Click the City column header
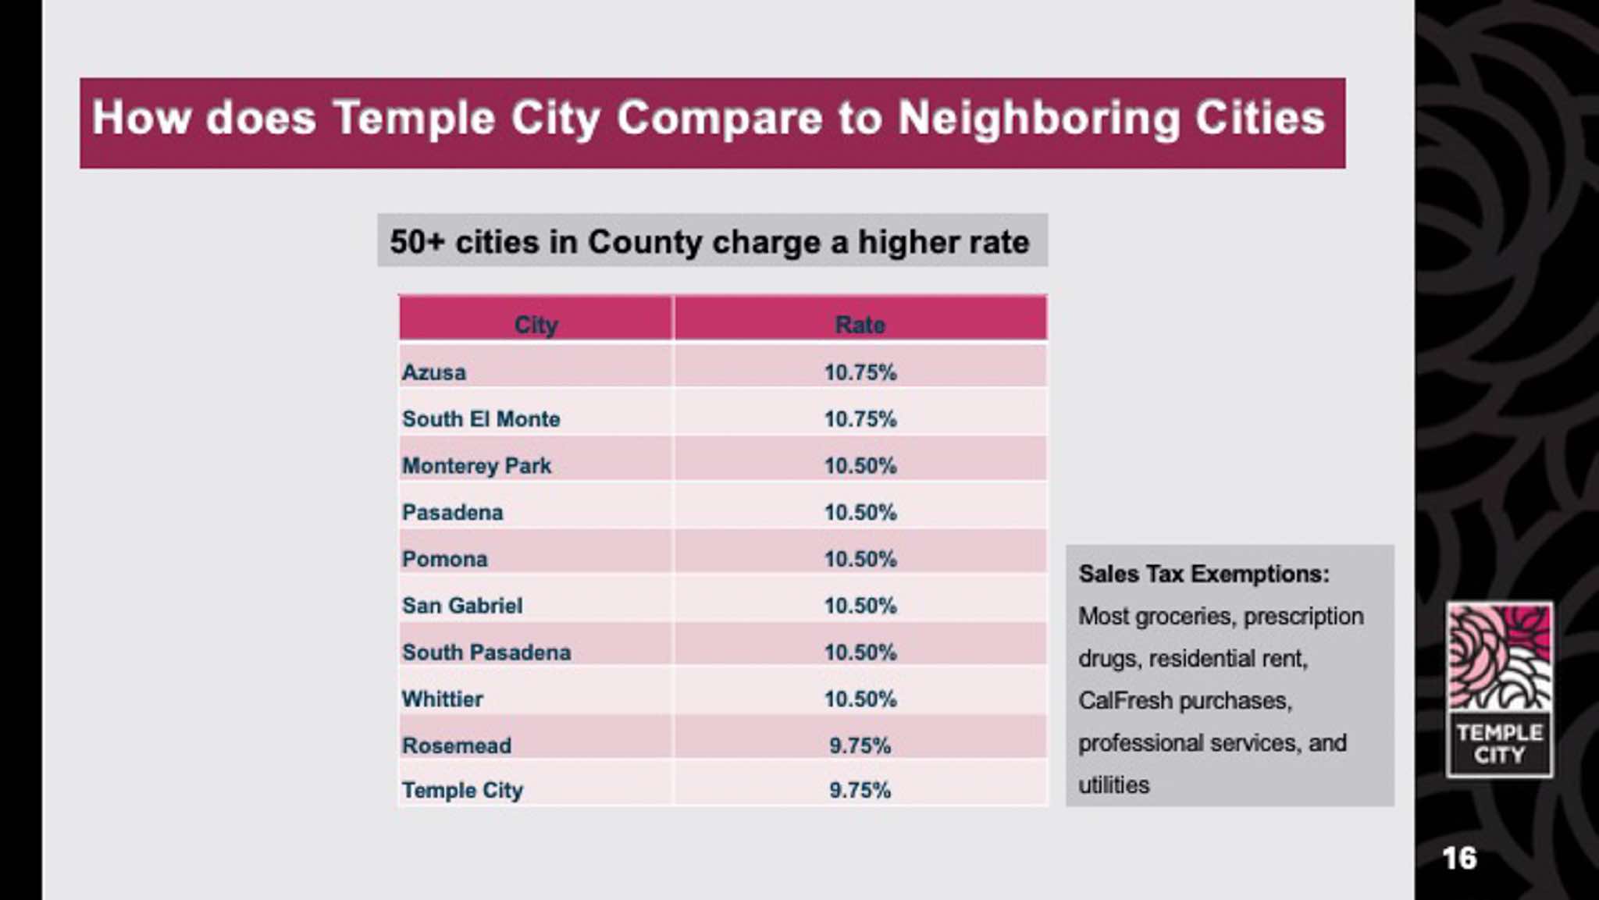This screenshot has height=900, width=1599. coord(536,325)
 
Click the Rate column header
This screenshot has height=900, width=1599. coord(860,325)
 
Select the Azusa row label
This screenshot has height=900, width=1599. coord(434,372)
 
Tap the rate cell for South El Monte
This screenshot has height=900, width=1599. coord(860,419)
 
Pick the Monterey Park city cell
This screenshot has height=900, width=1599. coord(476,466)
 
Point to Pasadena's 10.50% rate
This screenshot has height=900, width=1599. coord(860,513)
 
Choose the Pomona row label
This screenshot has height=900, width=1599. coord(444,560)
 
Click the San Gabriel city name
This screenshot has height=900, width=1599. coord(462,606)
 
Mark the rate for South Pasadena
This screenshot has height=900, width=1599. coord(860,653)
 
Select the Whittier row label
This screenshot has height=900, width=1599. coord(442,699)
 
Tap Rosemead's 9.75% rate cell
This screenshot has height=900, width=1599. coord(860,745)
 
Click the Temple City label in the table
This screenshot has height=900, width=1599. coord(462,791)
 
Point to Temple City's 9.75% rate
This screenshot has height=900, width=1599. coord(860,791)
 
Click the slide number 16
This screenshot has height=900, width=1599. coord(1458,859)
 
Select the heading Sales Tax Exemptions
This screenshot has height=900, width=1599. coord(1203,575)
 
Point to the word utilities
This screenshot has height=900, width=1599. coord(1113,785)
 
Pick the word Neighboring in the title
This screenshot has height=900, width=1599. coord(1038,119)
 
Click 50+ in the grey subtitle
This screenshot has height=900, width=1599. coord(417,242)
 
